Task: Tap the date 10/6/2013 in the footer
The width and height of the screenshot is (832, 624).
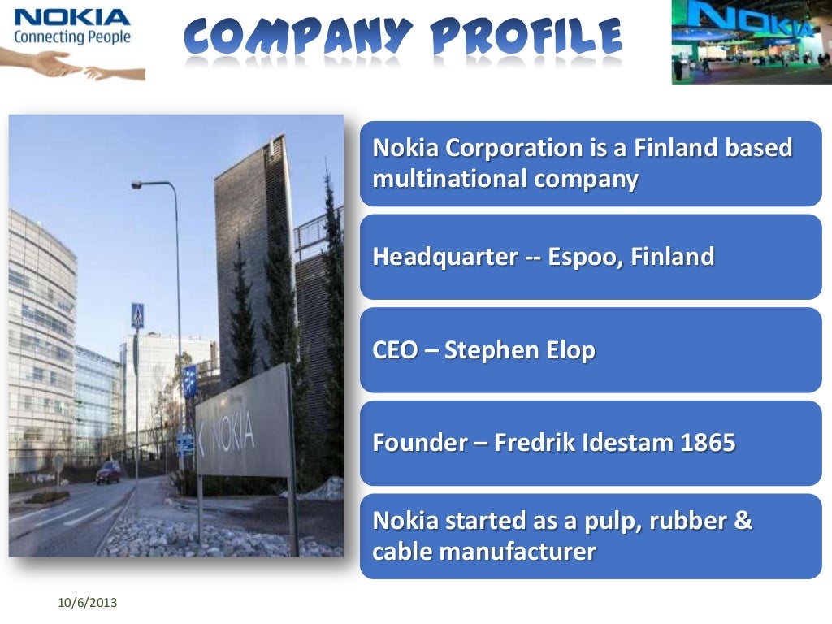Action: coord(88,603)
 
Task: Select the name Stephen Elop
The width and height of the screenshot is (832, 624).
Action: coord(520,351)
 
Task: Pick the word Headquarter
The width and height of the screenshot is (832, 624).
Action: coord(444,258)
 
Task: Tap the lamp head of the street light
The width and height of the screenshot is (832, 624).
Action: coord(138,185)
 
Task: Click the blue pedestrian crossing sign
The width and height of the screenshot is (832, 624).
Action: coord(137,315)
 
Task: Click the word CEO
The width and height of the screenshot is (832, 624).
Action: coord(395,351)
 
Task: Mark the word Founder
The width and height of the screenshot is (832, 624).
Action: coord(419,444)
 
